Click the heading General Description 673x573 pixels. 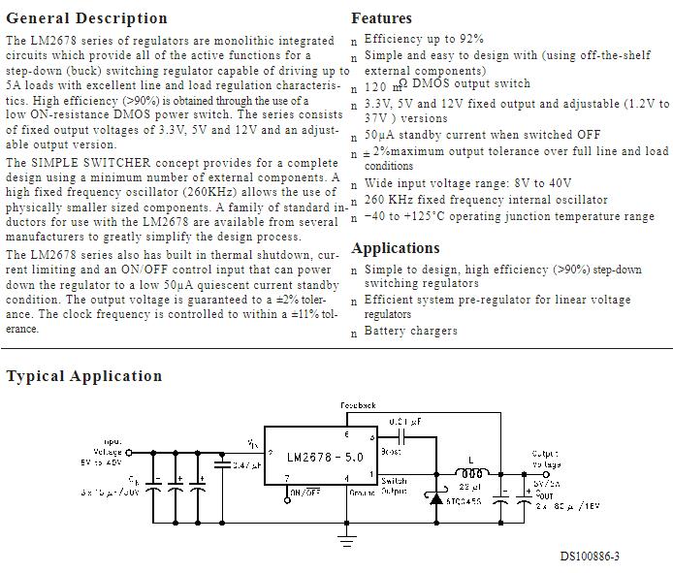86,18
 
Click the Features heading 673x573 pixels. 381,18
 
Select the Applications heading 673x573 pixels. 395,248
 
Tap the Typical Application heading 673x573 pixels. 84,376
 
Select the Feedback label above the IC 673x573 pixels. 359,405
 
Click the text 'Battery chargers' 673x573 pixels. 410,332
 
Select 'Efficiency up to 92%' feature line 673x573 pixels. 423,39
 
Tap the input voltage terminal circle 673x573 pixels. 127,452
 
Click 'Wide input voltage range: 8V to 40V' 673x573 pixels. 467,183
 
